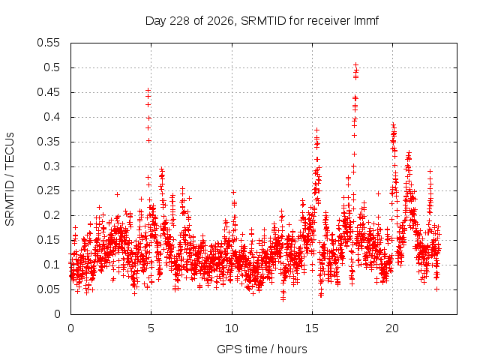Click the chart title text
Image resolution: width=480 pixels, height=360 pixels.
tap(262, 21)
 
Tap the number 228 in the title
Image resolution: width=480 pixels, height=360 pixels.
tap(180, 21)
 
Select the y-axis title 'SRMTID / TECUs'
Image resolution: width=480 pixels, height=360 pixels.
tap(10, 179)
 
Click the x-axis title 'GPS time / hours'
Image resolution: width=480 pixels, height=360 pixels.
tap(262, 349)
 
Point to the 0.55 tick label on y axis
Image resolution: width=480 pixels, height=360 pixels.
tap(48, 43)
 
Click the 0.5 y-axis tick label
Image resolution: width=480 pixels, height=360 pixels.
tap(52, 67)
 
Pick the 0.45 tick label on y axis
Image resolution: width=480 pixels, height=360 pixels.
tap(48, 92)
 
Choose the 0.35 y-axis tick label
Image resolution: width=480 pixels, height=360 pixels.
tap(48, 142)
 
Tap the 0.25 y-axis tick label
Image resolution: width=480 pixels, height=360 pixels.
tap(48, 190)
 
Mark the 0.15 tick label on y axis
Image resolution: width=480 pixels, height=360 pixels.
tap(48, 240)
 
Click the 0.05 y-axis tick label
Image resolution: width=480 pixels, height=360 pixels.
tap(48, 289)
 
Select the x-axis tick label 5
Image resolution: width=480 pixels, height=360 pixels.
tap(151, 328)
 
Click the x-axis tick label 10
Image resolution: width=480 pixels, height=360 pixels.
tap(232, 328)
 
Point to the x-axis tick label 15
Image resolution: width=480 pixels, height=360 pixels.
tap(312, 328)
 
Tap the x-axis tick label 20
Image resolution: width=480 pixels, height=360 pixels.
tap(392, 328)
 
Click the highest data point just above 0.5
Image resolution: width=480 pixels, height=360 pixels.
tap(355, 65)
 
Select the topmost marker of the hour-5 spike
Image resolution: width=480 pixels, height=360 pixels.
tap(148, 90)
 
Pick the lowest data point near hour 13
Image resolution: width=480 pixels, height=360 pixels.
tap(283, 299)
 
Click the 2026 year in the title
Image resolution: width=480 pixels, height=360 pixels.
tap(220, 21)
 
